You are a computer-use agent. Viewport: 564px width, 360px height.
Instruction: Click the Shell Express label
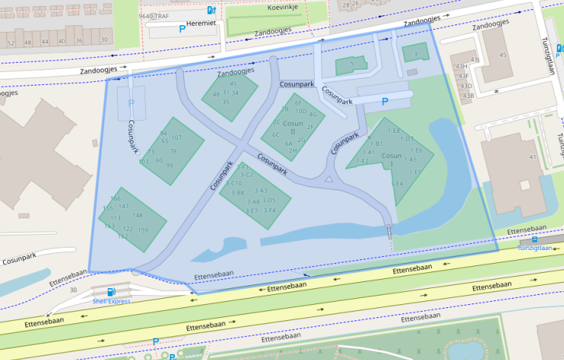pyautogui.click(x=112, y=301)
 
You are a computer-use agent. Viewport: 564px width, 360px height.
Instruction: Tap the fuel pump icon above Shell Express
pyautogui.click(x=112, y=291)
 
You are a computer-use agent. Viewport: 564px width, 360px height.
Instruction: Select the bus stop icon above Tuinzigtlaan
pyautogui.click(x=534, y=239)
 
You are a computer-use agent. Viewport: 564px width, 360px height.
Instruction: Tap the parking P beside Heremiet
pyautogui.click(x=182, y=30)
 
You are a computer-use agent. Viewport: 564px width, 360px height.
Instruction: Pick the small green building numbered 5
pyautogui.click(x=352, y=63)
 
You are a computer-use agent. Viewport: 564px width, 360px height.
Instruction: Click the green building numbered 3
pyautogui.click(x=415, y=54)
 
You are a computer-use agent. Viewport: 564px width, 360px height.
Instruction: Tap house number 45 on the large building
pyautogui.click(x=503, y=55)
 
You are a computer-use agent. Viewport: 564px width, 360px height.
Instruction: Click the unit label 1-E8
pyautogui.click(x=394, y=131)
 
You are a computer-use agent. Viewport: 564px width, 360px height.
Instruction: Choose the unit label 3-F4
pyautogui.click(x=269, y=210)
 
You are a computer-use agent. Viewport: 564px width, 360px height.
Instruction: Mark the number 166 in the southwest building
pyautogui.click(x=116, y=199)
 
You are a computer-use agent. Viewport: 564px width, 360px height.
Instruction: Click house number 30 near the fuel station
pyautogui.click(x=73, y=290)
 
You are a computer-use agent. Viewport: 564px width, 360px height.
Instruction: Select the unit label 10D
pyautogui.click(x=300, y=111)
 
